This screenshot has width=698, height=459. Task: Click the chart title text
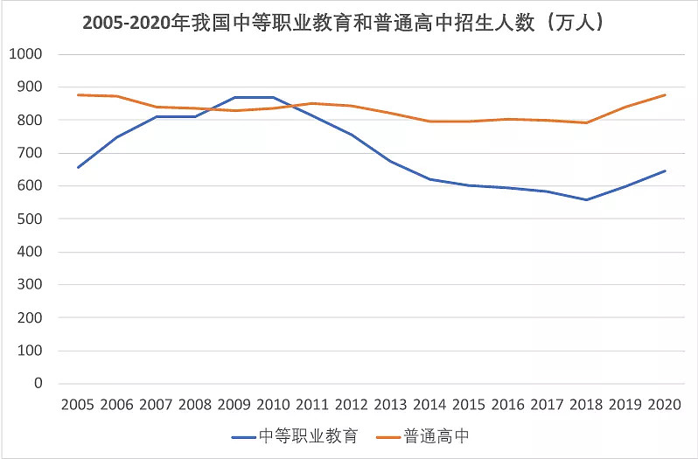click(350, 24)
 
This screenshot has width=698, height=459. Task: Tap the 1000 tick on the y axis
click(25, 54)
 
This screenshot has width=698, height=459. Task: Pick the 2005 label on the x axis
click(78, 405)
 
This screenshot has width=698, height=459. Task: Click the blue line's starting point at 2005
click(78, 167)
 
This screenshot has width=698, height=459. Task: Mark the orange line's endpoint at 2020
click(666, 94)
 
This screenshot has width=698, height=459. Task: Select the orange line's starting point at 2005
click(78, 94)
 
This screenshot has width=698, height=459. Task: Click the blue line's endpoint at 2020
click(666, 170)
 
